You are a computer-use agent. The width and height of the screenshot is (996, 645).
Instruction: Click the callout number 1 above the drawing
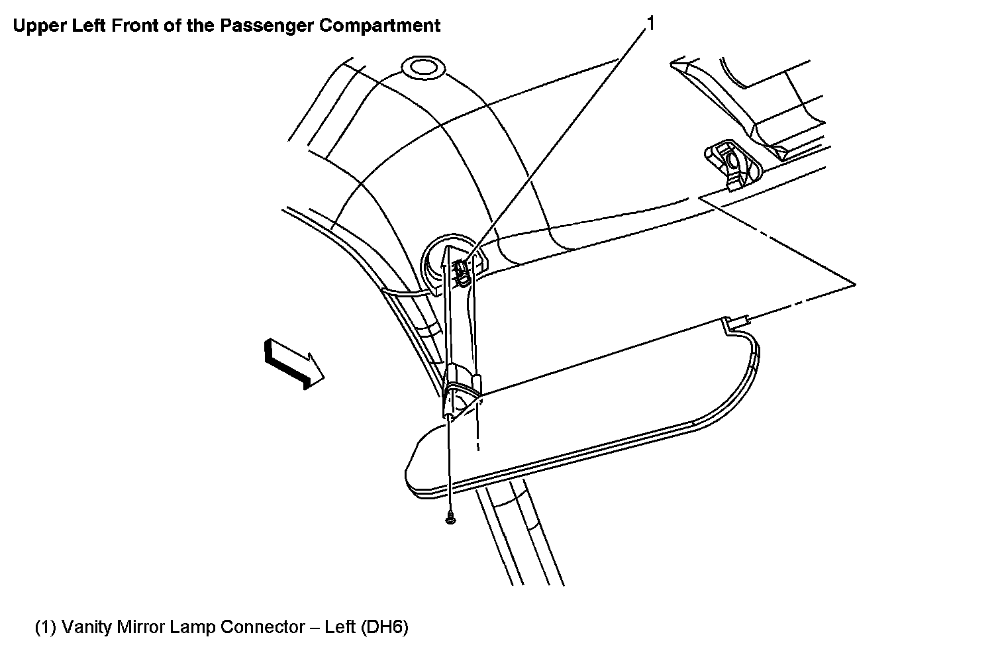(x=650, y=24)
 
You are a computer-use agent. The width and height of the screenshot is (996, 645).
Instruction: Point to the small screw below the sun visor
(x=450, y=520)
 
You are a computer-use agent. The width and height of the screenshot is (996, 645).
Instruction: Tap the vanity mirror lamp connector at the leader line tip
(x=462, y=268)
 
